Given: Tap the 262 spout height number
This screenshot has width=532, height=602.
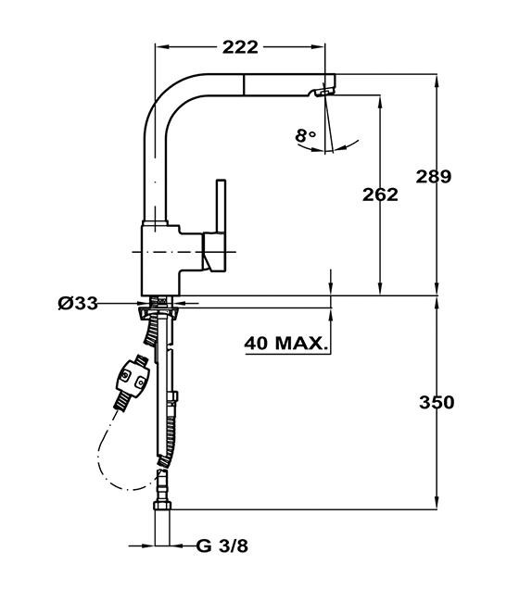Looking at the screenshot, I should click(x=380, y=194).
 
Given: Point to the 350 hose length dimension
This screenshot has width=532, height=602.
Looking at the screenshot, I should click(x=436, y=402).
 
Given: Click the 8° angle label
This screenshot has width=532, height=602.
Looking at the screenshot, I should click(x=306, y=136).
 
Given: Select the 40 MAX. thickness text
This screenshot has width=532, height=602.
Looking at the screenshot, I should click(x=286, y=344).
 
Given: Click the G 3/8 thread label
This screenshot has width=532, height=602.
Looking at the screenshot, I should click(x=222, y=546).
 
